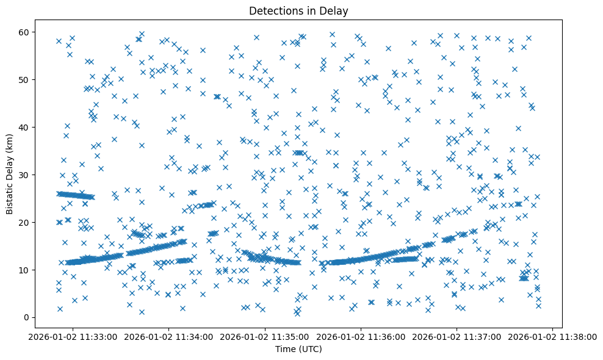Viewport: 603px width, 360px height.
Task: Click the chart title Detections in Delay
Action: tap(298, 10)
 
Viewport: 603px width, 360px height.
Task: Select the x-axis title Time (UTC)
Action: tap(298, 350)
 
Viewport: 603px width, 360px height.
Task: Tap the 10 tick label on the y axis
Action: tap(28, 270)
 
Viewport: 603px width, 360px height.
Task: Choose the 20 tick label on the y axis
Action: tap(28, 222)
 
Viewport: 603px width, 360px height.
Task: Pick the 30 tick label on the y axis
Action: tap(28, 175)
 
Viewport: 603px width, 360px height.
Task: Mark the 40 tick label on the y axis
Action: tap(28, 127)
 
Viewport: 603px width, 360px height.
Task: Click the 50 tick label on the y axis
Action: tap(28, 79)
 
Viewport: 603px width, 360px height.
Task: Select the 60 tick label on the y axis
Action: tap(28, 32)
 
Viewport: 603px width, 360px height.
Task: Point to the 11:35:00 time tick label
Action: tap(265, 337)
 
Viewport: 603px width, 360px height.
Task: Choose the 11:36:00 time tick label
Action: tap(361, 337)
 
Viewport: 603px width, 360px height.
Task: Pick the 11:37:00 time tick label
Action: tap(457, 337)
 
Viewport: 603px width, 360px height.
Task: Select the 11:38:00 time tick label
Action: tap(553, 337)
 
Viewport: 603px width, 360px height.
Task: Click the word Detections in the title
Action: tap(273, 10)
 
